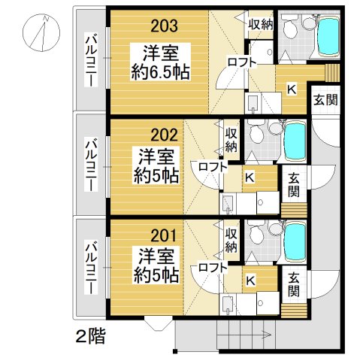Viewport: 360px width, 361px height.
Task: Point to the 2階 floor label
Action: pos(89,335)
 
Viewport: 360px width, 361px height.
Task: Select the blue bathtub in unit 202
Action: pos(296,141)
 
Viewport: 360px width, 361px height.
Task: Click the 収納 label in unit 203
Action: pos(260,24)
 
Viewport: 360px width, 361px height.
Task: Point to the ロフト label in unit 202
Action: pos(213,167)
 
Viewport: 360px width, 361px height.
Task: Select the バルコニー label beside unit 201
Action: pos(91,267)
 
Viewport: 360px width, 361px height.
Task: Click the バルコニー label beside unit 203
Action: pos(91,61)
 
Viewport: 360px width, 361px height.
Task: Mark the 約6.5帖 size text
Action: pos(158,72)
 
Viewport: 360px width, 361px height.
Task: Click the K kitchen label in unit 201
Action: pos(250,281)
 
